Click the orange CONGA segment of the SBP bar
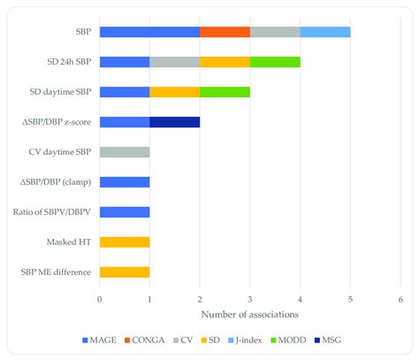225,32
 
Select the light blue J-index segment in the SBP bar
325,32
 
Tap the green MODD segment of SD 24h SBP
275,62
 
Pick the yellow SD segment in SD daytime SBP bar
175,92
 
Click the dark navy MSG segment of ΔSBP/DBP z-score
175,122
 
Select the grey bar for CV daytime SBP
125,152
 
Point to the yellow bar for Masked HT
125,241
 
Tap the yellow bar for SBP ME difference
125,272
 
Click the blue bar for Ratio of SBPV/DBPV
125,212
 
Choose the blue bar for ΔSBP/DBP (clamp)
125,182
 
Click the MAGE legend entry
98,341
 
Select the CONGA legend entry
145,341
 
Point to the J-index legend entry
246,341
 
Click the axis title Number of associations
250,315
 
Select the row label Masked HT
69,241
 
